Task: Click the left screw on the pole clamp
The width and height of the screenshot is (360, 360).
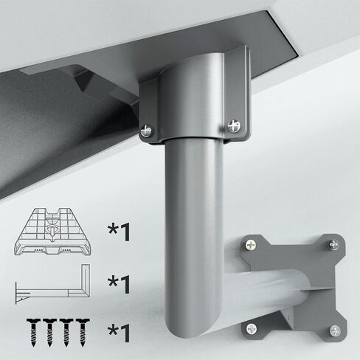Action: [146, 130]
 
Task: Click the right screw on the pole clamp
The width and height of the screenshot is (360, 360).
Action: [234, 125]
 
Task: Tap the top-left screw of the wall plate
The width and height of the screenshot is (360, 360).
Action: [251, 245]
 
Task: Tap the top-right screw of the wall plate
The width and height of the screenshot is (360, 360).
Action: [334, 244]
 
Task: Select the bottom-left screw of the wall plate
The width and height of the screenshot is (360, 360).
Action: [252, 328]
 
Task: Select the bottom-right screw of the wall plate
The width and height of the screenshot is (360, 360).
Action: [335, 330]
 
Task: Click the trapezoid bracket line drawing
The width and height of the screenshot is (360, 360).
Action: [52, 232]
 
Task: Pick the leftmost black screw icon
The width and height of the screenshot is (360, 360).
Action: [33, 332]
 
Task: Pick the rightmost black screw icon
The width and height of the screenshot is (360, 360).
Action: [83, 332]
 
